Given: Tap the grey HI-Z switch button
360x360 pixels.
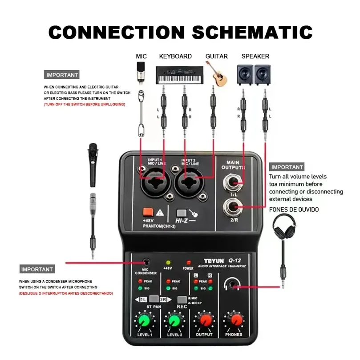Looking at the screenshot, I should pos(181,213).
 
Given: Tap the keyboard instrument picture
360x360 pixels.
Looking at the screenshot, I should pos(175,74).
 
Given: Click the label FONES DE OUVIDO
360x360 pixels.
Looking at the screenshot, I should pos(294,209).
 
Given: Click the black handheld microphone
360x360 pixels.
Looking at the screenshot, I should pos(93,165).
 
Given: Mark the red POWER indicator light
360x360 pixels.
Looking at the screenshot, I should pos(188,263).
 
